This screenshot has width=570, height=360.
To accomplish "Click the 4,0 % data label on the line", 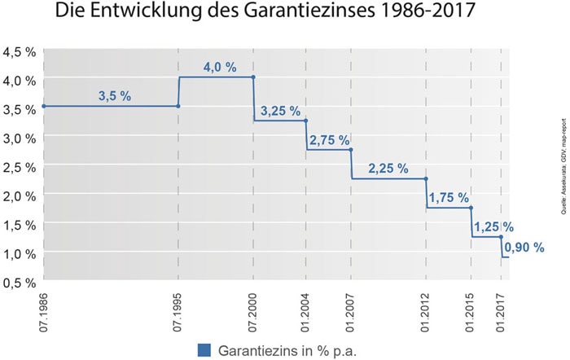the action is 220,68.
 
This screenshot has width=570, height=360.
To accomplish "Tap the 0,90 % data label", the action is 524,248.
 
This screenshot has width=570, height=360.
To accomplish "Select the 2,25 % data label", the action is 388,169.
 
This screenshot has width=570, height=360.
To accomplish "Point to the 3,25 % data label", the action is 281,112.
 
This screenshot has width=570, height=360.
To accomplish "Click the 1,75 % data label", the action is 449,198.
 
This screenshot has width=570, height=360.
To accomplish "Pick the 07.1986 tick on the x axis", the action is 44,313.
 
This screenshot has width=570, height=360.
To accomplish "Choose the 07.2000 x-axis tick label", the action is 252,313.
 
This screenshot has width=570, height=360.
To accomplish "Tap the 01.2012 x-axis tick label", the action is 425,313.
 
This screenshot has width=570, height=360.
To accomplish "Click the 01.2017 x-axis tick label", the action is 501,313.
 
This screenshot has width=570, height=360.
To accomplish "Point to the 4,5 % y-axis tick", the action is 20,52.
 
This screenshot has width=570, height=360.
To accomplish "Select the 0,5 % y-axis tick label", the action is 20,283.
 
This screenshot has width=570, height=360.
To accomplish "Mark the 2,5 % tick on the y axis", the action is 20,167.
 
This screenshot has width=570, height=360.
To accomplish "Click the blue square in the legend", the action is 204,350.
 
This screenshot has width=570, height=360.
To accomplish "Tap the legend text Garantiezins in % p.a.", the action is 287,351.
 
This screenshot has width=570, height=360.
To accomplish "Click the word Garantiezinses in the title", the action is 309,11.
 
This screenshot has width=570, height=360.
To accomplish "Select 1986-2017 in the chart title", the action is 427,11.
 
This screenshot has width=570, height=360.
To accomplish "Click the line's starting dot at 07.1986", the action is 44,106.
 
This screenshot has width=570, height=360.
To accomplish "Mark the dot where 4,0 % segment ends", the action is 253,77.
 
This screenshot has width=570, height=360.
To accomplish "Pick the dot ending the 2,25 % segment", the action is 426,178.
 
